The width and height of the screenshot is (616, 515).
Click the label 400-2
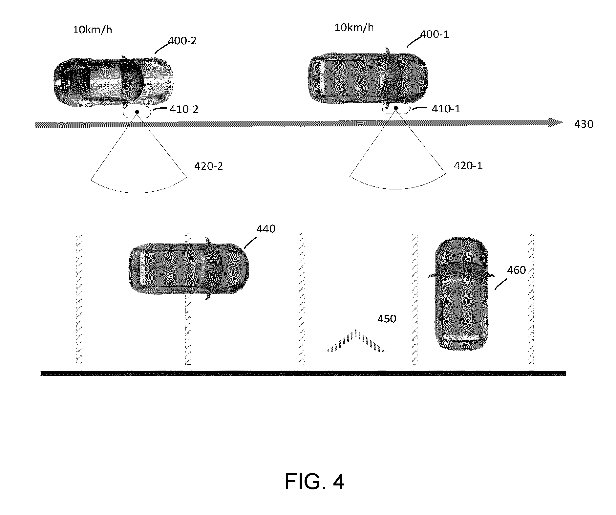[182, 41]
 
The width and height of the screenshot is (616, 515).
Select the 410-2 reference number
[184, 109]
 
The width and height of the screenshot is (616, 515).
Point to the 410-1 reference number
[446, 109]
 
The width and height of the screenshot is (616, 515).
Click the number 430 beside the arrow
[584, 124]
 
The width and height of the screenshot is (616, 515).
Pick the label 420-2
[208, 166]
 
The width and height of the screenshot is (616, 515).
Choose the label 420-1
[468, 165]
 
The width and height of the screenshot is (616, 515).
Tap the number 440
[266, 229]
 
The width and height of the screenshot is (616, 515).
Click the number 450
[387, 319]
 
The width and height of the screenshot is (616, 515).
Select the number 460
[517, 270]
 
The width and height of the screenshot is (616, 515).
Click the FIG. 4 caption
[314, 482]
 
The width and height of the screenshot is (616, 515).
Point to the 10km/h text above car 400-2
[92, 30]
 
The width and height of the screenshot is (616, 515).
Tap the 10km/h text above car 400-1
[354, 27]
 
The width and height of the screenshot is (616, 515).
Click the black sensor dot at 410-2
[137, 112]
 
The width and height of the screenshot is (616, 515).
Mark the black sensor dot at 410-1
[396, 108]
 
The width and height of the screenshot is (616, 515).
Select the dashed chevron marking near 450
[356, 340]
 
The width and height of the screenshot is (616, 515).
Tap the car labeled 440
[189, 269]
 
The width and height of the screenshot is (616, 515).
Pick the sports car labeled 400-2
[113, 81]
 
